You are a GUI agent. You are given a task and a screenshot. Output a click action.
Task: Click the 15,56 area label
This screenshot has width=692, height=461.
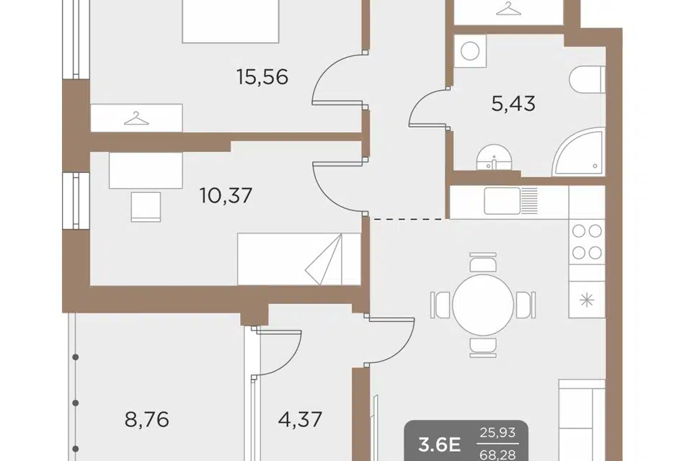[x=262, y=78]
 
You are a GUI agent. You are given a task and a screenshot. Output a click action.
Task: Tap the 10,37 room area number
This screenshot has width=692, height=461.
[x=226, y=195]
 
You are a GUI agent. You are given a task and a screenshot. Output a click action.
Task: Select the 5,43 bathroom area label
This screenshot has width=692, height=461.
[x=513, y=104]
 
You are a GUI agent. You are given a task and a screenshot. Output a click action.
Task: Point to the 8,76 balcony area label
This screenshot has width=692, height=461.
[x=147, y=419]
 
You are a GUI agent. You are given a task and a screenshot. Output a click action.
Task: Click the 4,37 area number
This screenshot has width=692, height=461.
[x=300, y=419]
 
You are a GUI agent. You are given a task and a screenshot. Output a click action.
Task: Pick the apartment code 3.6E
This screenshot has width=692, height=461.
[x=440, y=445]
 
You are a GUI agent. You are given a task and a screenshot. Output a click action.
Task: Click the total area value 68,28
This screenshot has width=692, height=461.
[x=498, y=454]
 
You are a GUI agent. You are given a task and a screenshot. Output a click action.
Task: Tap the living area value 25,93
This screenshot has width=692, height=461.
[x=498, y=433]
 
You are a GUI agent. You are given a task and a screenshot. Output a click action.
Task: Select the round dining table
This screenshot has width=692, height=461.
[x=483, y=305]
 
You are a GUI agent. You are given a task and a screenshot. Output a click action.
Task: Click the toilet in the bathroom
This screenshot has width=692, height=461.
[x=587, y=80]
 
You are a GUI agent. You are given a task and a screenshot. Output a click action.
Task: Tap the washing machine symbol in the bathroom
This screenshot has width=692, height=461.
[x=470, y=51]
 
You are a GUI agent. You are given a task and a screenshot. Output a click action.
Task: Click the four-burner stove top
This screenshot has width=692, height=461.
[x=587, y=242]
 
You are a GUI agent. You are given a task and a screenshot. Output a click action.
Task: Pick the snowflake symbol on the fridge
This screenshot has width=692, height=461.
[x=587, y=300]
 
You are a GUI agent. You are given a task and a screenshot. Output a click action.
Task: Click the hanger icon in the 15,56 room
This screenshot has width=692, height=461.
[x=136, y=119]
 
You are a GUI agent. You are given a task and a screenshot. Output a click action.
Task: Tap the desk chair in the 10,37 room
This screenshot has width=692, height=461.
[x=146, y=207]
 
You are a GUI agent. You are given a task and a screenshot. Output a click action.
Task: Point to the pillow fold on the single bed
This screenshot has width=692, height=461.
[x=324, y=260]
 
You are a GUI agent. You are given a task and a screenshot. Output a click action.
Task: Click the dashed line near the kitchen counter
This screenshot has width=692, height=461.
[x=408, y=218]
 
